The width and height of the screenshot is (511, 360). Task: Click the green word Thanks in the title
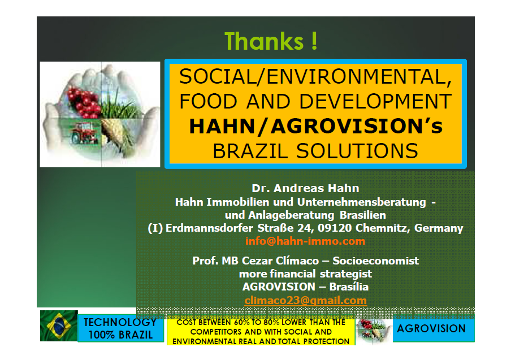(265, 41)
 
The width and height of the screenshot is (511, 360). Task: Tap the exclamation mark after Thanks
(314, 41)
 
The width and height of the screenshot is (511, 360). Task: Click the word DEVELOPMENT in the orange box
(375, 101)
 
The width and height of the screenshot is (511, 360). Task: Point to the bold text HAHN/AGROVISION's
(316, 126)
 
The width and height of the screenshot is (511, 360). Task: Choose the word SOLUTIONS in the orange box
(357, 151)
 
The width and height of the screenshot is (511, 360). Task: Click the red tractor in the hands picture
(84, 133)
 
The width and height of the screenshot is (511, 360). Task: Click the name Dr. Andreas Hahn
(305, 188)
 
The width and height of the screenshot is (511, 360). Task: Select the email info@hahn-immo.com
(305, 241)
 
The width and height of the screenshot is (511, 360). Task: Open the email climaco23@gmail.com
(306, 300)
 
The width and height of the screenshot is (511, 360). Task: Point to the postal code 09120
(335, 228)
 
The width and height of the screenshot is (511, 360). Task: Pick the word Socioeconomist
(376, 261)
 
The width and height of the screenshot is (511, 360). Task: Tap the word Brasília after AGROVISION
(349, 287)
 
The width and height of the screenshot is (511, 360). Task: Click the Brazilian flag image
(59, 326)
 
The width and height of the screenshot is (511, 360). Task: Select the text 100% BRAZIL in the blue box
(120, 335)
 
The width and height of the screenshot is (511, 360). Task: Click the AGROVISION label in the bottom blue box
(431, 328)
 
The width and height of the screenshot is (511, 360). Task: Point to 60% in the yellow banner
(242, 322)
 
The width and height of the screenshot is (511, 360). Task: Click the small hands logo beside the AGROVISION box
(374, 329)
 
